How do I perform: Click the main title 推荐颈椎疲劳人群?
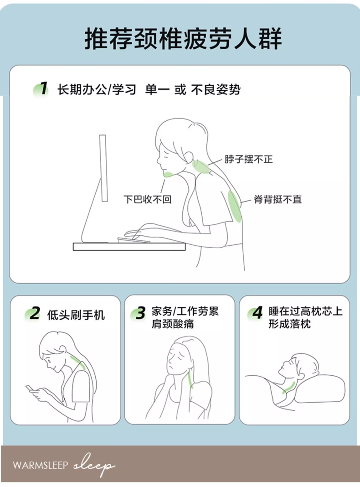click(x=183, y=39)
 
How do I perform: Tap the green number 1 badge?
click(x=41, y=89)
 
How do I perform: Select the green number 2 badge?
click(x=33, y=314)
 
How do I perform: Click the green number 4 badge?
click(x=256, y=313)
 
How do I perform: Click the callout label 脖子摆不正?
click(x=249, y=159)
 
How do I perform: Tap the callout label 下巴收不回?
click(x=147, y=199)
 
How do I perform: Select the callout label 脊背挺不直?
click(x=278, y=199)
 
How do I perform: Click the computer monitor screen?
click(x=103, y=168)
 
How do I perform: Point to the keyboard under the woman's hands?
click(x=134, y=240)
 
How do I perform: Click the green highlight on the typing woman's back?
click(x=235, y=206)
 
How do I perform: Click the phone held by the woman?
click(x=31, y=388)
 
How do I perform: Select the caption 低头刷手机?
click(x=76, y=315)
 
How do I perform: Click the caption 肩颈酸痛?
click(x=173, y=324)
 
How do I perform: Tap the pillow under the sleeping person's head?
click(x=320, y=389)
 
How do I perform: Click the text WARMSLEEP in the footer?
click(x=41, y=465)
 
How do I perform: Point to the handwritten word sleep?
click(x=94, y=465)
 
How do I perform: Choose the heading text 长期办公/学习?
click(x=97, y=90)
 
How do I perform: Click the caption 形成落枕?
click(x=290, y=324)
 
